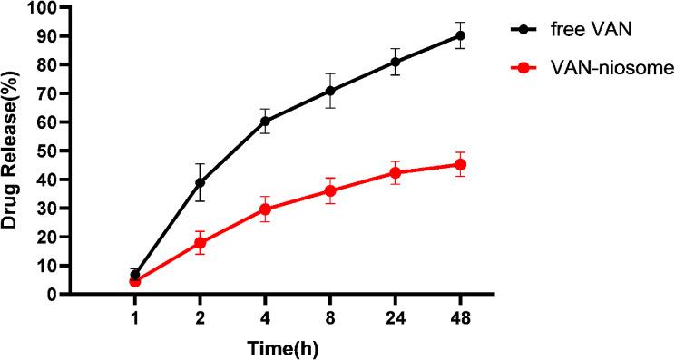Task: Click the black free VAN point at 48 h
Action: [x=460, y=36]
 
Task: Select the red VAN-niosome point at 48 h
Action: [x=460, y=164]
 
